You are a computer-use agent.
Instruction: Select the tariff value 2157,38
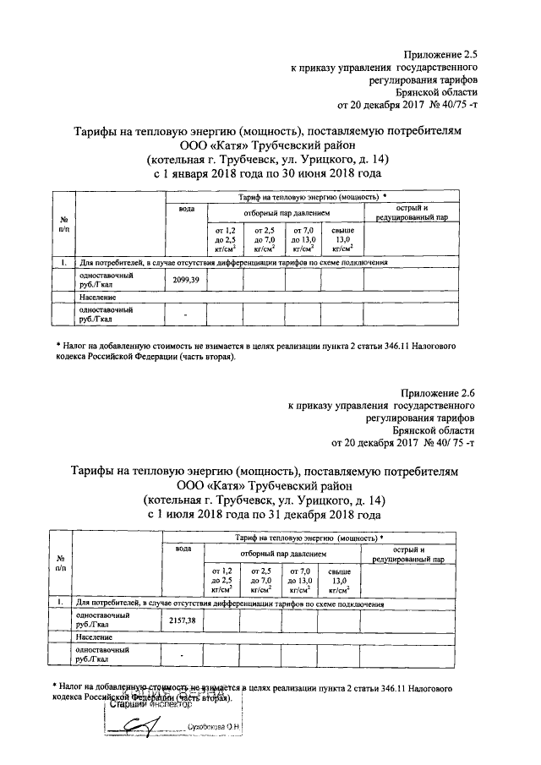(183, 620)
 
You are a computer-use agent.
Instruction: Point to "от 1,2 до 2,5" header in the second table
(221, 581)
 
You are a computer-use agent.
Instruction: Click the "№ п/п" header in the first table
(63, 224)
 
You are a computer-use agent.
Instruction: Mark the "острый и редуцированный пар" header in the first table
(413, 213)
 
